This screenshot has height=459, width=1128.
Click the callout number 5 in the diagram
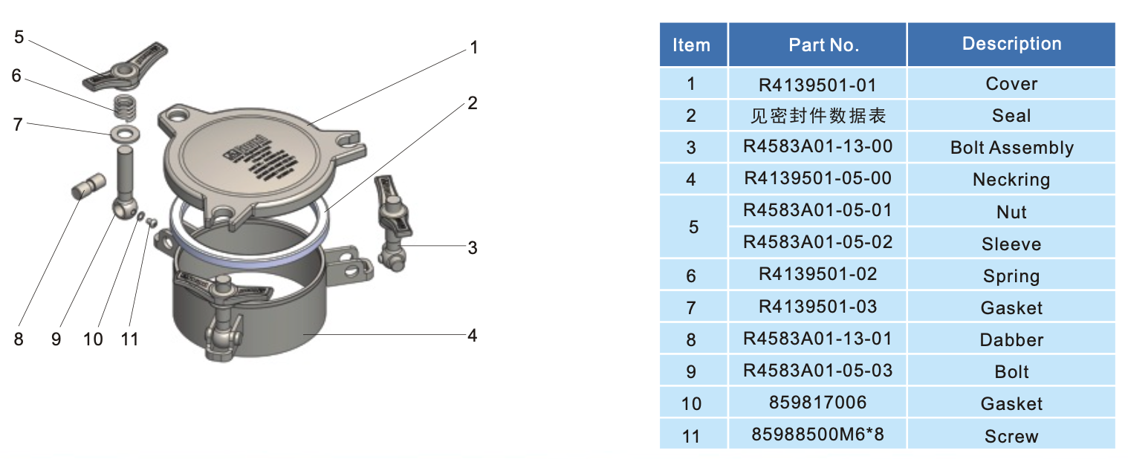19,36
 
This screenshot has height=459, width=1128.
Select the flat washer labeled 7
125,134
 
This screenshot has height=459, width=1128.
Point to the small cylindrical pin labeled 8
85,186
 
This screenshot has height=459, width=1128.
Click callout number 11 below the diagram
130,339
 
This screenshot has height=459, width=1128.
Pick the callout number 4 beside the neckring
472,335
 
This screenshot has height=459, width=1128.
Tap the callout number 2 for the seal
472,103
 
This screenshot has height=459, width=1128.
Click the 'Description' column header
1011,44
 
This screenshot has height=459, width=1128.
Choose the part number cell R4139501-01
817,84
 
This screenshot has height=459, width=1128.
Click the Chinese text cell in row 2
817,116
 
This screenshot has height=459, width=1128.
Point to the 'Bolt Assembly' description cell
1011,148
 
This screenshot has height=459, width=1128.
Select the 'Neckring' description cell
1011,180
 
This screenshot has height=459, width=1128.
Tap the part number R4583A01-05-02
817,243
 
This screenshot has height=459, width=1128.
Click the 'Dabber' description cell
1011,340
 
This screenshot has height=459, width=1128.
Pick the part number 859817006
817,403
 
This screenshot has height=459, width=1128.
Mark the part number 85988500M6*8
817,434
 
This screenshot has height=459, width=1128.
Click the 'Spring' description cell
1011,276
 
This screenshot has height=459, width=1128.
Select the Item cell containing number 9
691,371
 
